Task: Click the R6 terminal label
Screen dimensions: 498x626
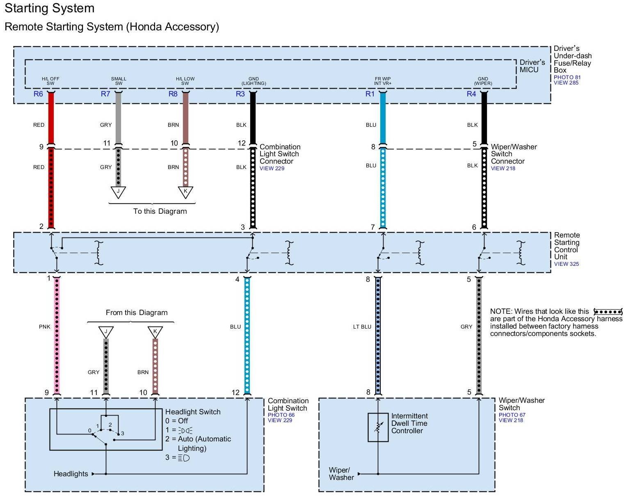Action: click(38, 94)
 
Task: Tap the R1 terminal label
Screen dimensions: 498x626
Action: click(370, 94)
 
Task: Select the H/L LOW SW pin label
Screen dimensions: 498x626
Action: click(185, 81)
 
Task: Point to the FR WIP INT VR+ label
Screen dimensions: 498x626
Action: click(383, 81)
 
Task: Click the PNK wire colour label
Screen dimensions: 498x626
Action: click(45, 327)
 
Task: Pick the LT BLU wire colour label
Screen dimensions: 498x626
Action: click(362, 327)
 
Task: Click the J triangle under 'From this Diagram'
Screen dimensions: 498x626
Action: click(106, 332)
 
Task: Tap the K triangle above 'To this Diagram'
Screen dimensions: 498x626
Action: click(185, 192)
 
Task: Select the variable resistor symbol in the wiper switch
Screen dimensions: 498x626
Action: click(378, 427)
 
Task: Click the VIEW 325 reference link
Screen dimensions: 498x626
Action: click(566, 264)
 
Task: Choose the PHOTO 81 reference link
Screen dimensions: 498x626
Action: click(567, 77)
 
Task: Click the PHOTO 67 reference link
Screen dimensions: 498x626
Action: click(512, 415)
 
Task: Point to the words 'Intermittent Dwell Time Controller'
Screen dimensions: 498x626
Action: click(409, 423)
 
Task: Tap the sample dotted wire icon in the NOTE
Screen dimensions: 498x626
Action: click(608, 312)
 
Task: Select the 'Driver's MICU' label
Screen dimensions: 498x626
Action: click(532, 66)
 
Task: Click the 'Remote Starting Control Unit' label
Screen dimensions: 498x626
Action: click(567, 246)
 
